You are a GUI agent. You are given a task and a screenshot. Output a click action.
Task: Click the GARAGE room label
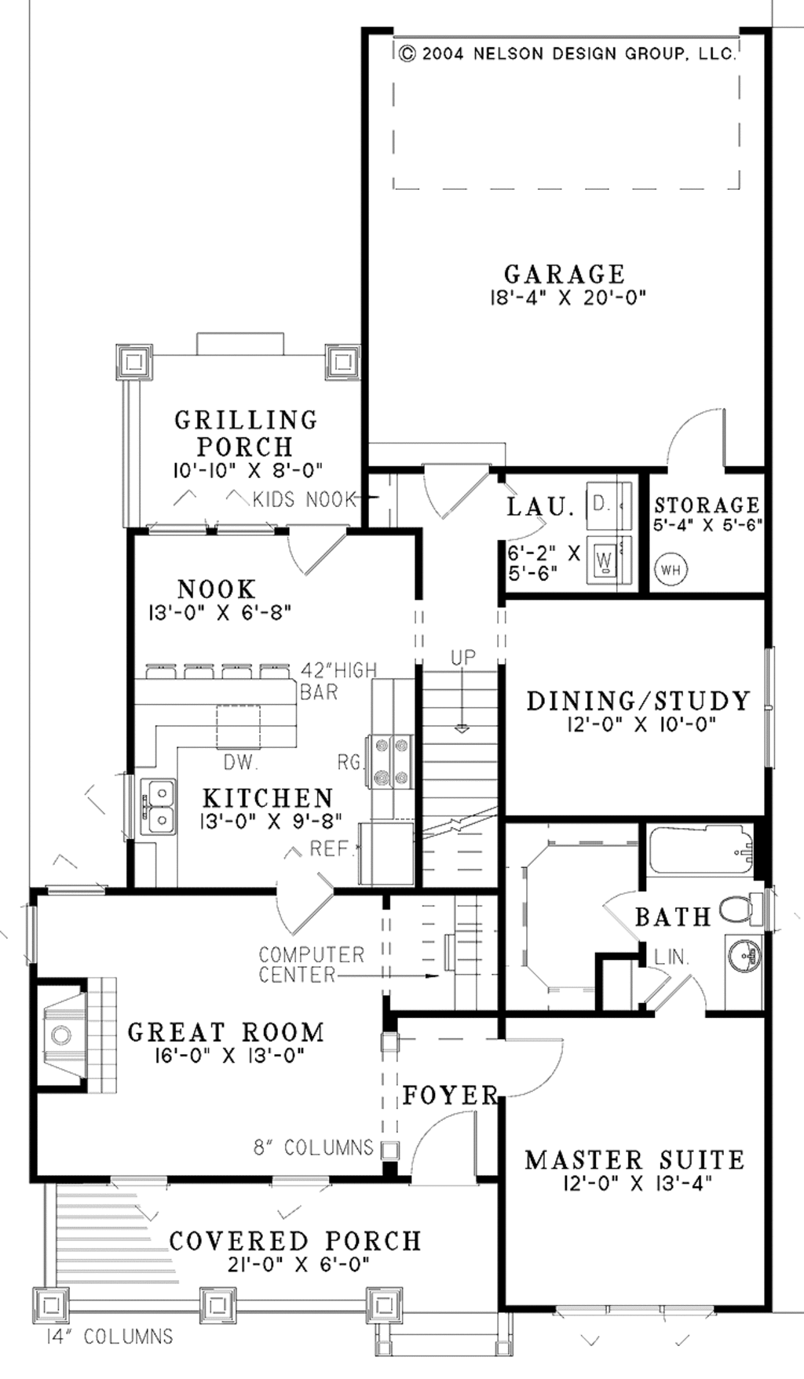tap(564, 274)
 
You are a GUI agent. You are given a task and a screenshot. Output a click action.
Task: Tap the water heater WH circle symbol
tap(671, 569)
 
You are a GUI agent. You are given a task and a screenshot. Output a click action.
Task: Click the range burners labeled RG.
tap(391, 760)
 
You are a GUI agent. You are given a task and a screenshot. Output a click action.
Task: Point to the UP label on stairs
tap(463, 658)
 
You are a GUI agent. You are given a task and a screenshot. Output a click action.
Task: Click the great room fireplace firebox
tap(61, 1034)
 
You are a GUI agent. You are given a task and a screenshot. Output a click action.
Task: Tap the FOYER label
tap(451, 1095)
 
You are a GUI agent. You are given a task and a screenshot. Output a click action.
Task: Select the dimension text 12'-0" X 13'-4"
tap(637, 1182)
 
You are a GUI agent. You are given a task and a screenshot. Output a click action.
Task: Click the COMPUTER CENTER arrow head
tap(431, 976)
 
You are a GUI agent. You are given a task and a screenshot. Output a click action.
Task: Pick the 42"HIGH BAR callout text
tap(338, 680)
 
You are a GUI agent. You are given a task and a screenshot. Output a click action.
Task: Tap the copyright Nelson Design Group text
tap(568, 53)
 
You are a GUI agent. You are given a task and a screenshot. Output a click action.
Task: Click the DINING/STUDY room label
tap(638, 700)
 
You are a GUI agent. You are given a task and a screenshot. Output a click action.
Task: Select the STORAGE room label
tap(707, 505)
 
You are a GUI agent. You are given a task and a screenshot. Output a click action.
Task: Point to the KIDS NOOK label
tap(305, 499)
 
